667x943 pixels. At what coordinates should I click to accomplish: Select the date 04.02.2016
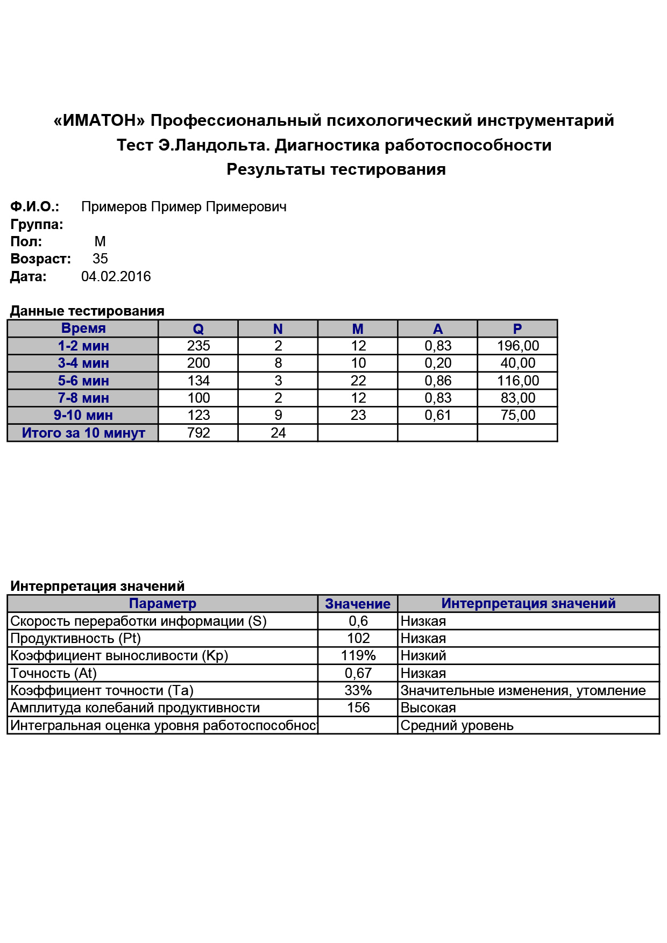tap(116, 276)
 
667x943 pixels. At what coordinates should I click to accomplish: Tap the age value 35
tap(100, 259)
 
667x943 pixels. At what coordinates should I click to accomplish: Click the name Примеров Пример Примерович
tap(183, 207)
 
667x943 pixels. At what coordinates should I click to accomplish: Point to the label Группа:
tap(37, 224)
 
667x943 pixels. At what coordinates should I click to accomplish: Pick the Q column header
tap(198, 329)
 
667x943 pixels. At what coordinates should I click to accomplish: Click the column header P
tap(517, 329)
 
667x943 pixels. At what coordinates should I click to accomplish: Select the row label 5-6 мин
tap(83, 381)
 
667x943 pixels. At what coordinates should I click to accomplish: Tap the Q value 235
tap(198, 346)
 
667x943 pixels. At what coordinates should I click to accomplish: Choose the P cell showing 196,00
tap(518, 346)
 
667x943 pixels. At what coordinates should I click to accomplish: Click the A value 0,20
tap(438, 363)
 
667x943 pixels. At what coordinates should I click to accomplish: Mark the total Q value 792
tap(198, 433)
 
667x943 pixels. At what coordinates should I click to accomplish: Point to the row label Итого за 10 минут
tap(83, 433)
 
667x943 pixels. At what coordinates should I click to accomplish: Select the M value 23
tap(358, 415)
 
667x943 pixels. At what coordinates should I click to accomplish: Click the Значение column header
tap(358, 604)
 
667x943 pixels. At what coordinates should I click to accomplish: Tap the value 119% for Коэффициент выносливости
tap(358, 655)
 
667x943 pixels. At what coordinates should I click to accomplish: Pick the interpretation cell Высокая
tap(428, 708)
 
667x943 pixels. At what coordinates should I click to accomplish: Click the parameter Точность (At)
tap(53, 673)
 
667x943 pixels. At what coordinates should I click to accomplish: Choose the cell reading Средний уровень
tap(457, 725)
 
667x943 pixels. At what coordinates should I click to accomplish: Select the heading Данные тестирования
tap(87, 311)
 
